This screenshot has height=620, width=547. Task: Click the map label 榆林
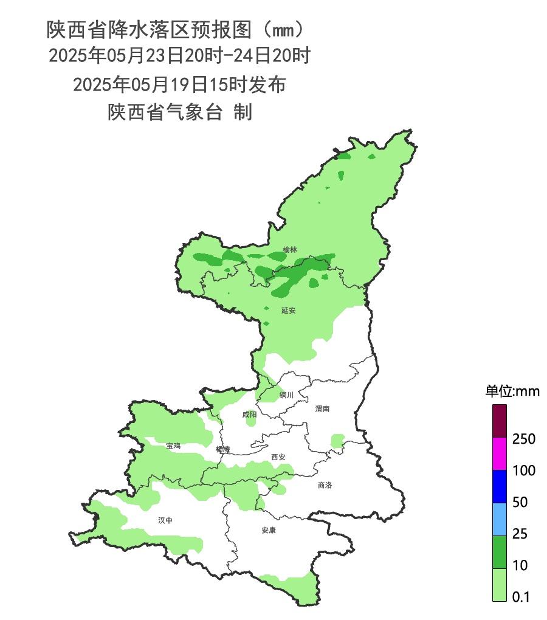coord(291,250)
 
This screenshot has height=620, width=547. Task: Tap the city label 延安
coord(289,310)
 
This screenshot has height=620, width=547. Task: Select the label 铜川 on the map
coord(286,395)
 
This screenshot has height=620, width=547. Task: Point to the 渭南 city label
coord(322,409)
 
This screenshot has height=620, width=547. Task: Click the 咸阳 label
coord(249,415)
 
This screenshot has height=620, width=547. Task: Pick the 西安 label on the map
coord(278,456)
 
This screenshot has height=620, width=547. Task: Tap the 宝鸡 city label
coord(173,446)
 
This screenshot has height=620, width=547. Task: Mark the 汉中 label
coord(165,520)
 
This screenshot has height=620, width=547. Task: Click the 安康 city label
coord(269,530)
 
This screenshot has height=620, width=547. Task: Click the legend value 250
coord(523,439)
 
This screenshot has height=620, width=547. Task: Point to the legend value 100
coord(523,470)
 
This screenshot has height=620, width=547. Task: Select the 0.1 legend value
coord(521,597)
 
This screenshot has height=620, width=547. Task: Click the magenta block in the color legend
coord(499,454)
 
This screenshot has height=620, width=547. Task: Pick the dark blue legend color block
coord(499,486)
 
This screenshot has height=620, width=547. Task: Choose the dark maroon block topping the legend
coord(499,422)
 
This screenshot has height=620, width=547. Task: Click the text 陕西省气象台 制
coord(179,112)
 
